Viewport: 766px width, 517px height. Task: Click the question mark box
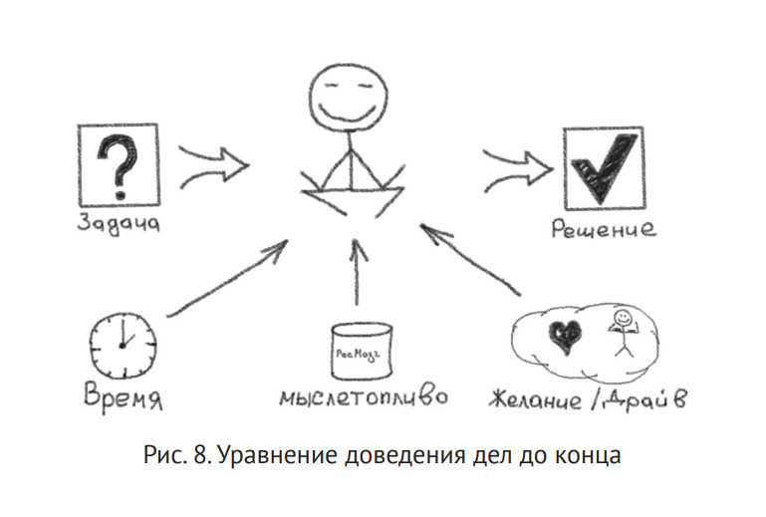(x=119, y=165)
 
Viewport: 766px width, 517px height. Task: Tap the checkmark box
(x=600, y=164)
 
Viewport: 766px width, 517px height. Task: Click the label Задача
(x=118, y=222)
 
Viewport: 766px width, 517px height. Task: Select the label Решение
(x=604, y=230)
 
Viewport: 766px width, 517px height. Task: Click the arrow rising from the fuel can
(x=356, y=269)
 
